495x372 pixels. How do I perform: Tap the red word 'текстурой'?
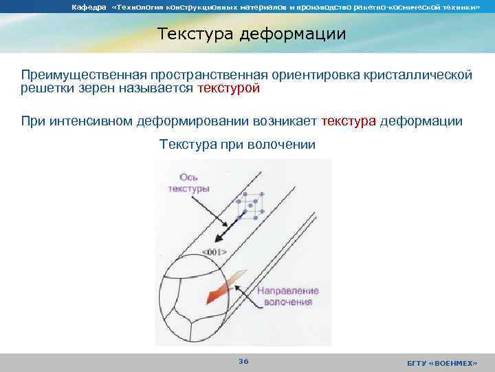tap(228, 89)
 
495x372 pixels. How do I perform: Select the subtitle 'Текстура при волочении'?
tap(237, 145)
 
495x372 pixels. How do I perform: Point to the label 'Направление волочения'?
tap(287, 296)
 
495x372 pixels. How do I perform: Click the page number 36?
tap(243, 361)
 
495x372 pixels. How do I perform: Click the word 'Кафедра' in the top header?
tap(86, 7)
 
